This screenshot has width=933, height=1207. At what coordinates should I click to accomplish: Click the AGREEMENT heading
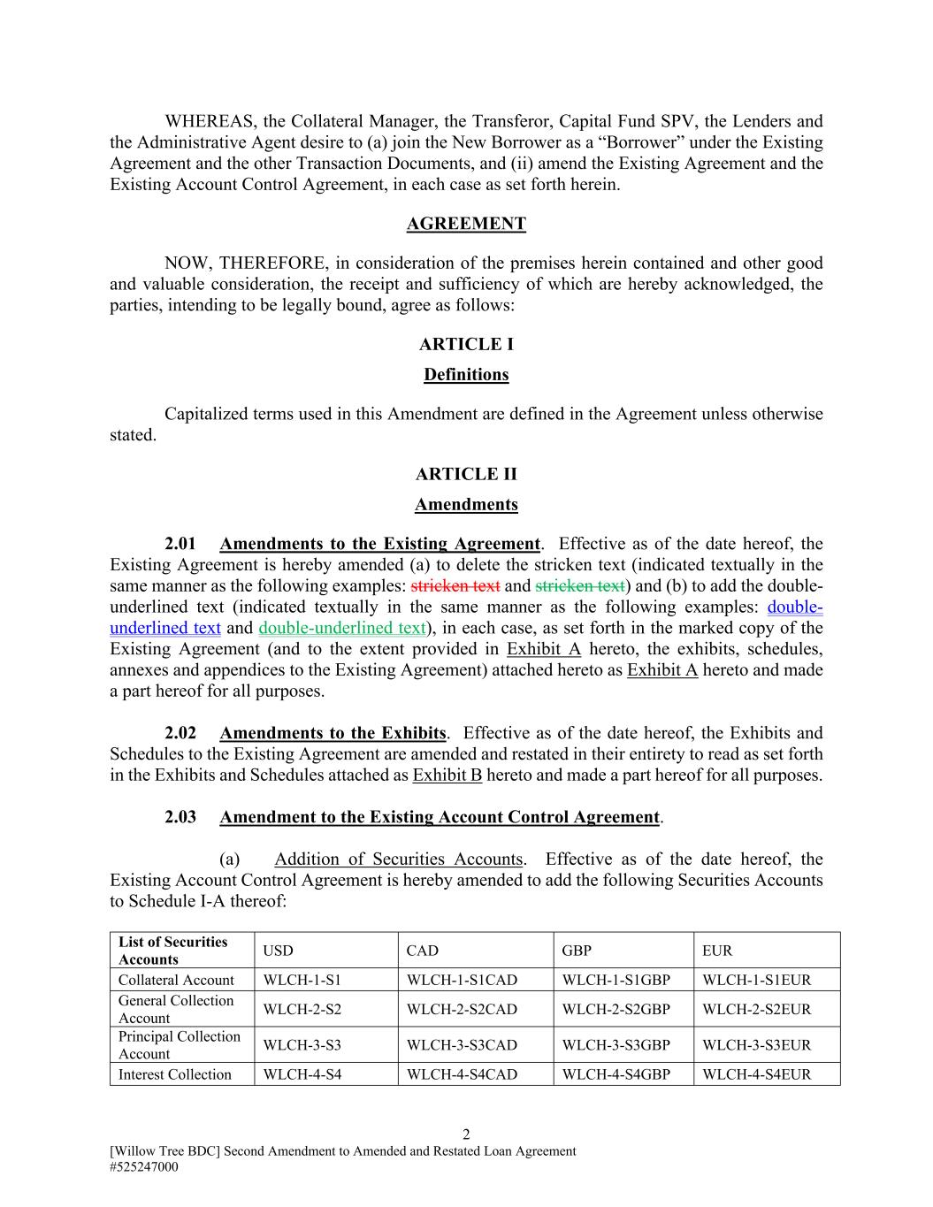pos(466,224)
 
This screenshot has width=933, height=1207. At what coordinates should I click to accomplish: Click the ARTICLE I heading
pos(466,344)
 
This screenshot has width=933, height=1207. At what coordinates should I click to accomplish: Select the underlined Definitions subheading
pos(466,375)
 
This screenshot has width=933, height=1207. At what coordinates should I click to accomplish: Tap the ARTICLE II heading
pos(466,474)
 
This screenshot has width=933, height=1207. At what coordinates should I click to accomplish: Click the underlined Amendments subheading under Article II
pos(466,505)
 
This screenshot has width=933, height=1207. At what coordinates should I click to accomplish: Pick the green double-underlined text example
pos(342,628)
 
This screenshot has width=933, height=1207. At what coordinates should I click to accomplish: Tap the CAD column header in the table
pos(422,951)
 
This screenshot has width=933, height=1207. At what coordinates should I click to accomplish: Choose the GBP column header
pos(577,951)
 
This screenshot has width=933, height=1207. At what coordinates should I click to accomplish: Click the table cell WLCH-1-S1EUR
pos(756,980)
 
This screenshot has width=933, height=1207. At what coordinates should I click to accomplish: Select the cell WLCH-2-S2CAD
pos(462,1009)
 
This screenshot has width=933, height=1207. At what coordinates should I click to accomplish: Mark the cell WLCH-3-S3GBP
pos(616,1045)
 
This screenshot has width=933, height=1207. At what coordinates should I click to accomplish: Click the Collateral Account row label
pos(176,980)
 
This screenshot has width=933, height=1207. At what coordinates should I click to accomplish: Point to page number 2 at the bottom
pos(466,1134)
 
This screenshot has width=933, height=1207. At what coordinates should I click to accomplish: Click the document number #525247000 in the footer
pos(144,1167)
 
